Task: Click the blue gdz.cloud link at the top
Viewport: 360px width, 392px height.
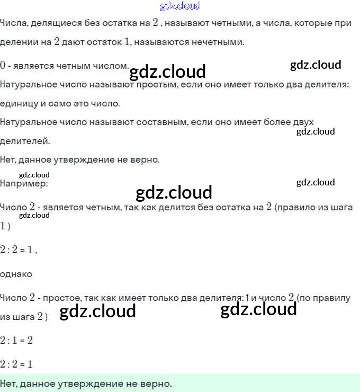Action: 180,6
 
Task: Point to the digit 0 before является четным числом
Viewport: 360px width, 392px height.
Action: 3,66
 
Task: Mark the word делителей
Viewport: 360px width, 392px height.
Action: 25,141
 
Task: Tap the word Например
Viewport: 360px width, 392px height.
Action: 24,184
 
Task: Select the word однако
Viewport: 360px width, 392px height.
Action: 16,274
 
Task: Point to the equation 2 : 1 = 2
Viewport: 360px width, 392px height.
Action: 16,340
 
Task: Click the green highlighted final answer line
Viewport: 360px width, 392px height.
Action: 180,383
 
